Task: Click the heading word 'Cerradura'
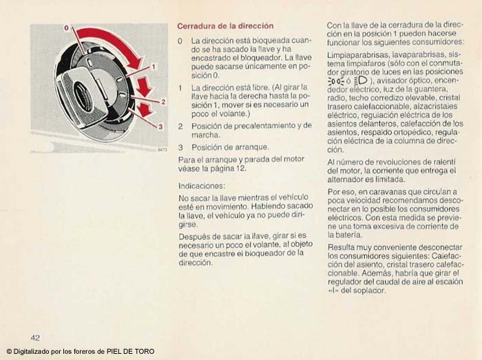(x=198, y=26)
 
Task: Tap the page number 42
(x=35, y=337)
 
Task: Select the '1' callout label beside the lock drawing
(x=154, y=66)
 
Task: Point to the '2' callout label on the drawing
(x=163, y=101)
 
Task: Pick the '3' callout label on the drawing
(x=159, y=127)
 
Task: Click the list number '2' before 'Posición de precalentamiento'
(x=180, y=127)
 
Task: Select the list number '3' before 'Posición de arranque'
(x=180, y=147)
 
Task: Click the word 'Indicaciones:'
(x=202, y=186)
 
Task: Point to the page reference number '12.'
(x=241, y=169)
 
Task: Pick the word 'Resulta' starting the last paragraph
(x=341, y=246)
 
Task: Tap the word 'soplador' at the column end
(x=372, y=290)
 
